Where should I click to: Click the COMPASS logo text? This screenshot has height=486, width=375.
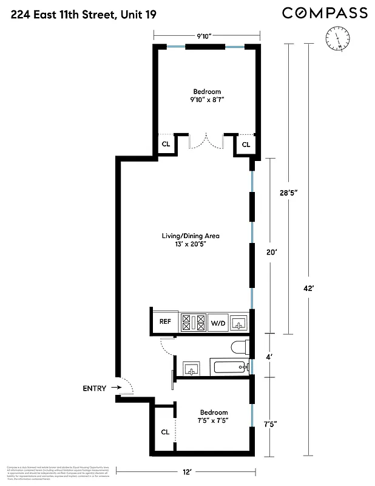coord(325,13)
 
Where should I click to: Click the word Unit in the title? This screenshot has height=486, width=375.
coord(129,13)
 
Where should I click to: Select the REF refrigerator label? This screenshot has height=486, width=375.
coord(165,322)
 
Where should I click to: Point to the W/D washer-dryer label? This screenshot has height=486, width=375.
coord(217,323)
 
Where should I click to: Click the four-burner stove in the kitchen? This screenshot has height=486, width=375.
coord(194,322)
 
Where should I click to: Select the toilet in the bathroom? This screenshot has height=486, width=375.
coord(239,348)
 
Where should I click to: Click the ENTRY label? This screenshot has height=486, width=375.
coord(95,389)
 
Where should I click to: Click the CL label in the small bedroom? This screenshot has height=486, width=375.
coord(164,432)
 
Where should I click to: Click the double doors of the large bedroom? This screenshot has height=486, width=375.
coord(206,143)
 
